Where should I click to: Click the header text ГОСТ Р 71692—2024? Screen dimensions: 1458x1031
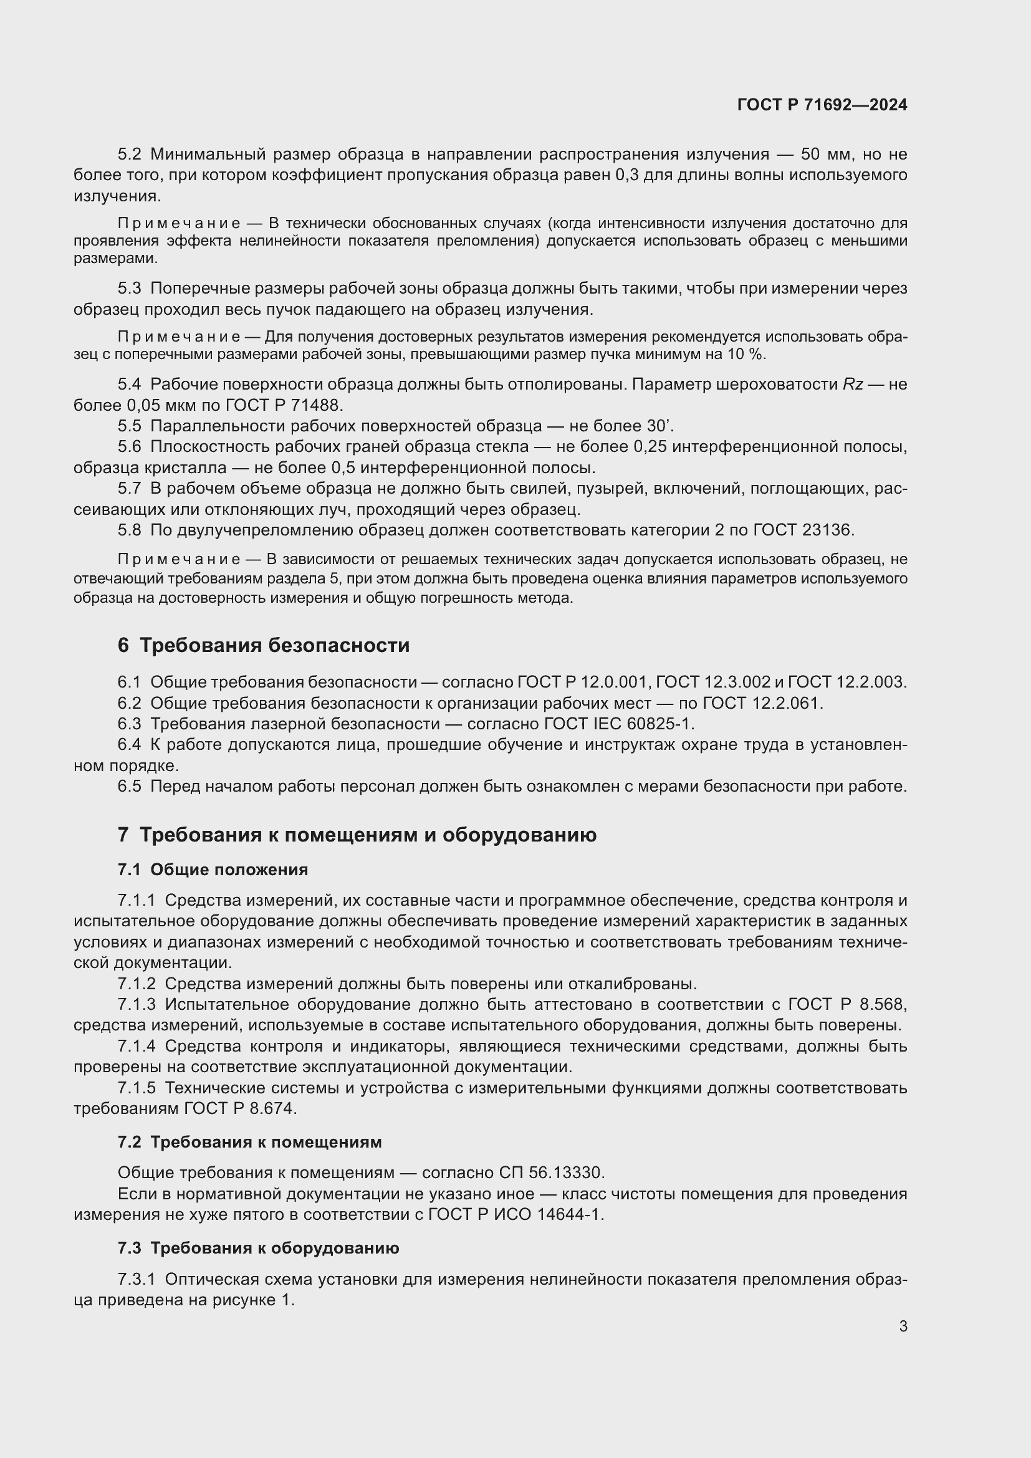[x=822, y=105]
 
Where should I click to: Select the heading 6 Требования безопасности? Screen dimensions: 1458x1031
[x=264, y=645]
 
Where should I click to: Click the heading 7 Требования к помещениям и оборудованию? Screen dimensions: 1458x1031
[x=357, y=835]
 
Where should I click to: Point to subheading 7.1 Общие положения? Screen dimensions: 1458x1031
[x=213, y=870]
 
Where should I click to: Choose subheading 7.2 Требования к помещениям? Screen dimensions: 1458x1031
[x=249, y=1142]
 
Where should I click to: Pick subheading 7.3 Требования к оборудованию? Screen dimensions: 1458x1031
[x=259, y=1248]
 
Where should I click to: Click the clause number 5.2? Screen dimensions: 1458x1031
[x=130, y=155]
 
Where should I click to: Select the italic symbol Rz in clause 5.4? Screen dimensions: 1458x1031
[x=853, y=384]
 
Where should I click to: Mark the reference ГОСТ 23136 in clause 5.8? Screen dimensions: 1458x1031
[x=803, y=530]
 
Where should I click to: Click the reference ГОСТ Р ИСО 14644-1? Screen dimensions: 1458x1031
[x=516, y=1214]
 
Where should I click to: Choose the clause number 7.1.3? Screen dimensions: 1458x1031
[x=137, y=1005]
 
